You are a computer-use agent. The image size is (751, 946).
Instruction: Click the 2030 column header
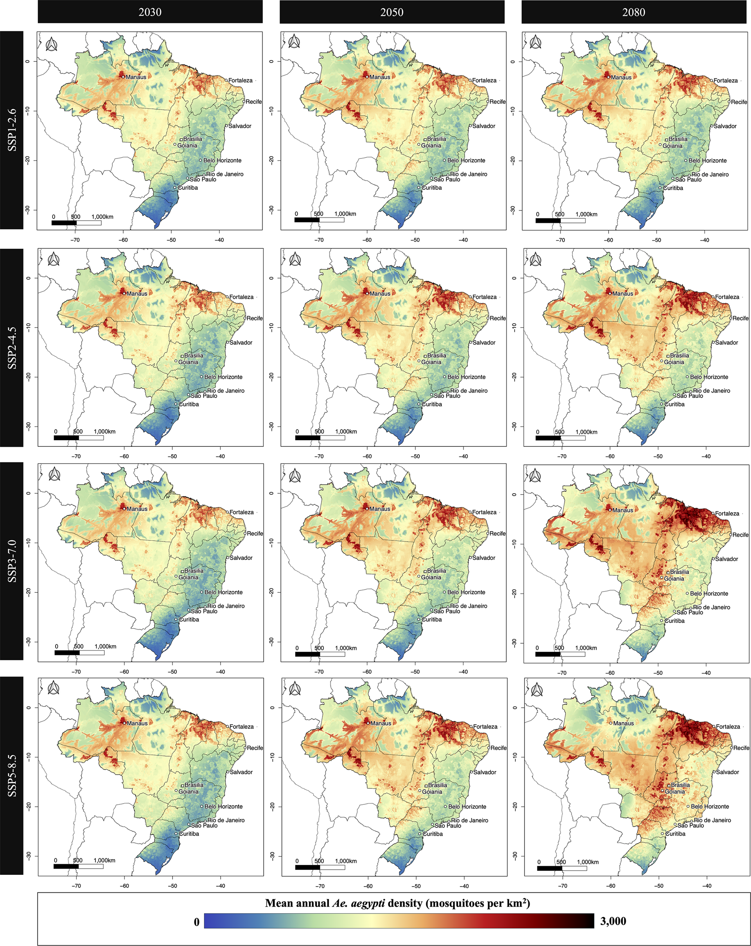[x=150, y=12]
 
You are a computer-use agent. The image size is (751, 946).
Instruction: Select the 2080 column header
[x=633, y=12]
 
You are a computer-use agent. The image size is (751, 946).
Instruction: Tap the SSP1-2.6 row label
[x=12, y=130]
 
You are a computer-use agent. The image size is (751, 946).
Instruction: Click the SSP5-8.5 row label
[x=12, y=775]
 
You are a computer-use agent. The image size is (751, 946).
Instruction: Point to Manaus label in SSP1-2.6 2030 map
[x=136, y=77]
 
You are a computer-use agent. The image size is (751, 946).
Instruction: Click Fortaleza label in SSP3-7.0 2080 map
[x=727, y=513]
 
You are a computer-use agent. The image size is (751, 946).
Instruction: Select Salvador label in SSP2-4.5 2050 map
[x=484, y=343]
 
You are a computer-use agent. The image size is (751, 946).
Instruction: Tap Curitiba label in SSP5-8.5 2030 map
[x=189, y=834]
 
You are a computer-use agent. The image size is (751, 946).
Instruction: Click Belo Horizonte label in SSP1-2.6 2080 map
[x=708, y=160]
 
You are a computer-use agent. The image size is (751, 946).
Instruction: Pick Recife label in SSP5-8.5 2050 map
[x=498, y=748]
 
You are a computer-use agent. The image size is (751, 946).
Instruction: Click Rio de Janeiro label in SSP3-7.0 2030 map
[x=226, y=606]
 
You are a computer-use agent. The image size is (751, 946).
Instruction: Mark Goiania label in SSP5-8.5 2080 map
[x=675, y=791]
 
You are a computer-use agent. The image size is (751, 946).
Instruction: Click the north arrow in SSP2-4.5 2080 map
[x=535, y=260]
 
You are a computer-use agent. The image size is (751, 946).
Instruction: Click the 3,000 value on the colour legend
[x=613, y=921]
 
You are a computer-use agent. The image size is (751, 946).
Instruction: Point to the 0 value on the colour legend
[x=196, y=922]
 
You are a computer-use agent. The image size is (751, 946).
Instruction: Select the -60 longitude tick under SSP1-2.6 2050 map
[x=367, y=240]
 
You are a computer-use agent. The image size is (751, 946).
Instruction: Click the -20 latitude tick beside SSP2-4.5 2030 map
[x=29, y=377]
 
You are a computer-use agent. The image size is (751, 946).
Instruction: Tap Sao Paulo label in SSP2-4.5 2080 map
[x=690, y=396]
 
